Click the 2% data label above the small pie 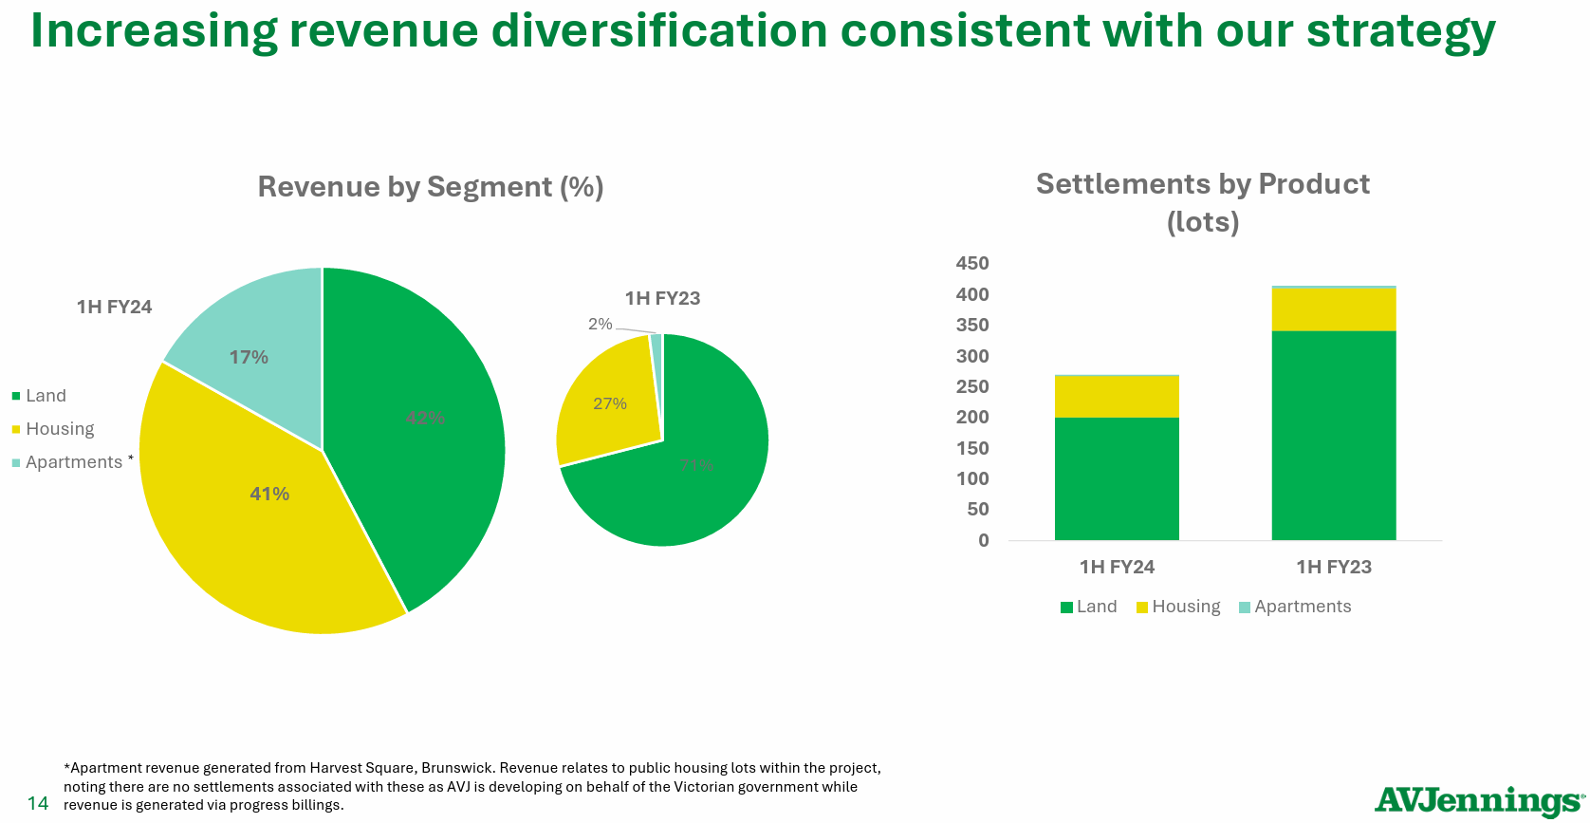601,325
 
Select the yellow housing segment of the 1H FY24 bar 1117,396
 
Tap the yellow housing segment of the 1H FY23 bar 1333,309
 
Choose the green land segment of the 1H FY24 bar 1117,478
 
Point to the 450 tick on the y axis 972,264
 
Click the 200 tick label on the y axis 972,418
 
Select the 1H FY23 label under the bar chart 1334,568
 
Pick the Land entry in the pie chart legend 46,396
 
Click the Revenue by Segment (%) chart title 431,187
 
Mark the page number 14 38,804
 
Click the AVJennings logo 1478,800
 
